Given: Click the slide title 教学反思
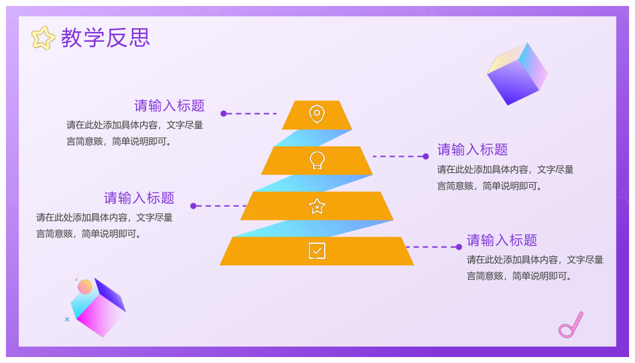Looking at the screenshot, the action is pos(105,38).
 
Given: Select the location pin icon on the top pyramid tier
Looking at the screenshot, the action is pos(317,114).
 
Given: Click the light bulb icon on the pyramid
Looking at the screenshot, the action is pos(317,160).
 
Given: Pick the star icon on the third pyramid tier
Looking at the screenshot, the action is pos(317,206).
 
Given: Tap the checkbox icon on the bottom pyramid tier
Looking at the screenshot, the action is pos(317,251).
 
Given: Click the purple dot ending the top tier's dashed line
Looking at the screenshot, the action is pos(224,113).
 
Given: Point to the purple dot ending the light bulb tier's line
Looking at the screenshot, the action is pos(425,156).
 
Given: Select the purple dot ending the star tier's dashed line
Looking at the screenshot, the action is pos(193,206).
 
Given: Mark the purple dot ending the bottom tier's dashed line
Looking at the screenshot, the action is pos(459,246).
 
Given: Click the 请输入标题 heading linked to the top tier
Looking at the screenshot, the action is pos(169,106).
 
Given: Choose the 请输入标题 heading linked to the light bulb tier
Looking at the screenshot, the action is pos(472,150).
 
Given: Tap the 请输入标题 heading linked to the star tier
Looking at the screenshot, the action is pos(139,198).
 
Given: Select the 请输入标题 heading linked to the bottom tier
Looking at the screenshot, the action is pos(502,240).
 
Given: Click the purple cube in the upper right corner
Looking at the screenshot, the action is pos(517,74).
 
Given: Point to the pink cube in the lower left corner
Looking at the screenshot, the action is pos(99,308).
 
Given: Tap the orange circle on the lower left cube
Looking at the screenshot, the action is pos(85,287).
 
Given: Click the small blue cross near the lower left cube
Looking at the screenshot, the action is pos(67,319).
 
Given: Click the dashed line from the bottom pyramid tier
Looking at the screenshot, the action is pos(431,246).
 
